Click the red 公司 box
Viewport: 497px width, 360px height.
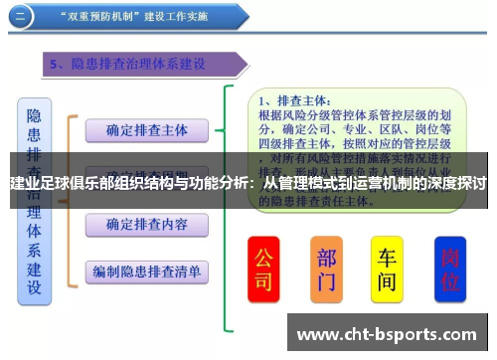click(x=263, y=270)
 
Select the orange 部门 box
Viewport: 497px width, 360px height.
click(x=326, y=270)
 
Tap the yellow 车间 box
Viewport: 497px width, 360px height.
click(x=387, y=269)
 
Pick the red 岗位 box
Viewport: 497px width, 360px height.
click(x=449, y=270)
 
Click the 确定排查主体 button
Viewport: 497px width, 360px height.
click(x=146, y=129)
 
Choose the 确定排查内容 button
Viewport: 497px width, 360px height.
click(x=146, y=223)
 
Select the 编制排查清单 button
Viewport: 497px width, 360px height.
click(x=146, y=270)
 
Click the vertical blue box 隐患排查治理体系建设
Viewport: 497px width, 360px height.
click(x=35, y=199)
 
